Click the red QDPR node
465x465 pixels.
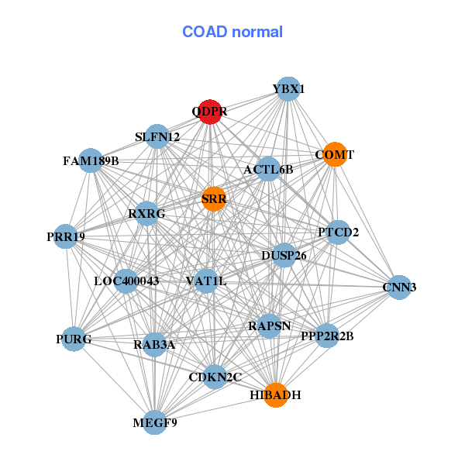pos(210,112)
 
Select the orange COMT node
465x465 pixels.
pos(333,154)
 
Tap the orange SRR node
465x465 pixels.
pos(214,198)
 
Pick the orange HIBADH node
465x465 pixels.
pos(275,394)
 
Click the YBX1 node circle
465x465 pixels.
pos(288,89)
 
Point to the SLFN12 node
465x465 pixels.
pos(157,136)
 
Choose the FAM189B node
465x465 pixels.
pos(91,160)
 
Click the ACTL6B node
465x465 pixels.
pos(268,169)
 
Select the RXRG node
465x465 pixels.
pos(146,213)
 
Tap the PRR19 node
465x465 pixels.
pos(65,236)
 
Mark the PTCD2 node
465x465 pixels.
pos(338,232)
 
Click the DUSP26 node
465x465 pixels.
pos(284,255)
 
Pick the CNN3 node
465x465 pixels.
pos(399,287)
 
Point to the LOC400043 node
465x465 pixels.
pos(126,281)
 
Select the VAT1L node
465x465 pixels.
pos(205,281)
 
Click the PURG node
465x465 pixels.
pos(74,339)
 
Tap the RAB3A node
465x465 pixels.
pos(153,344)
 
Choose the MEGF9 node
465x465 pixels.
pos(155,422)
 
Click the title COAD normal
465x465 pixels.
pos(232,33)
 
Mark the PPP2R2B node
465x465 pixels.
pos(327,336)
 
